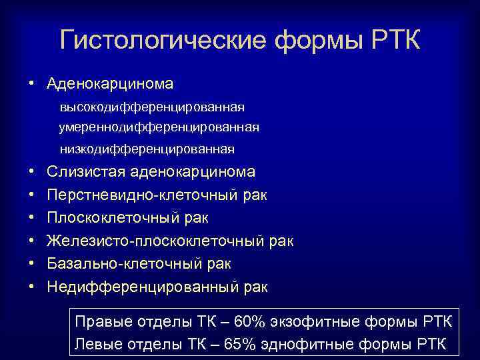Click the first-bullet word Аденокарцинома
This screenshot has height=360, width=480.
tap(110, 84)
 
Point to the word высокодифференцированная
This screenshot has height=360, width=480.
tap(152, 107)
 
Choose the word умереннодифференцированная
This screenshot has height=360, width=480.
tap(159, 127)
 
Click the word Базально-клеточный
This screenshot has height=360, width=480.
tap(122, 264)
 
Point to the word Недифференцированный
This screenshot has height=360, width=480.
tap(140, 287)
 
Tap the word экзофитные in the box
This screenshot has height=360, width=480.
tap(313, 323)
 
